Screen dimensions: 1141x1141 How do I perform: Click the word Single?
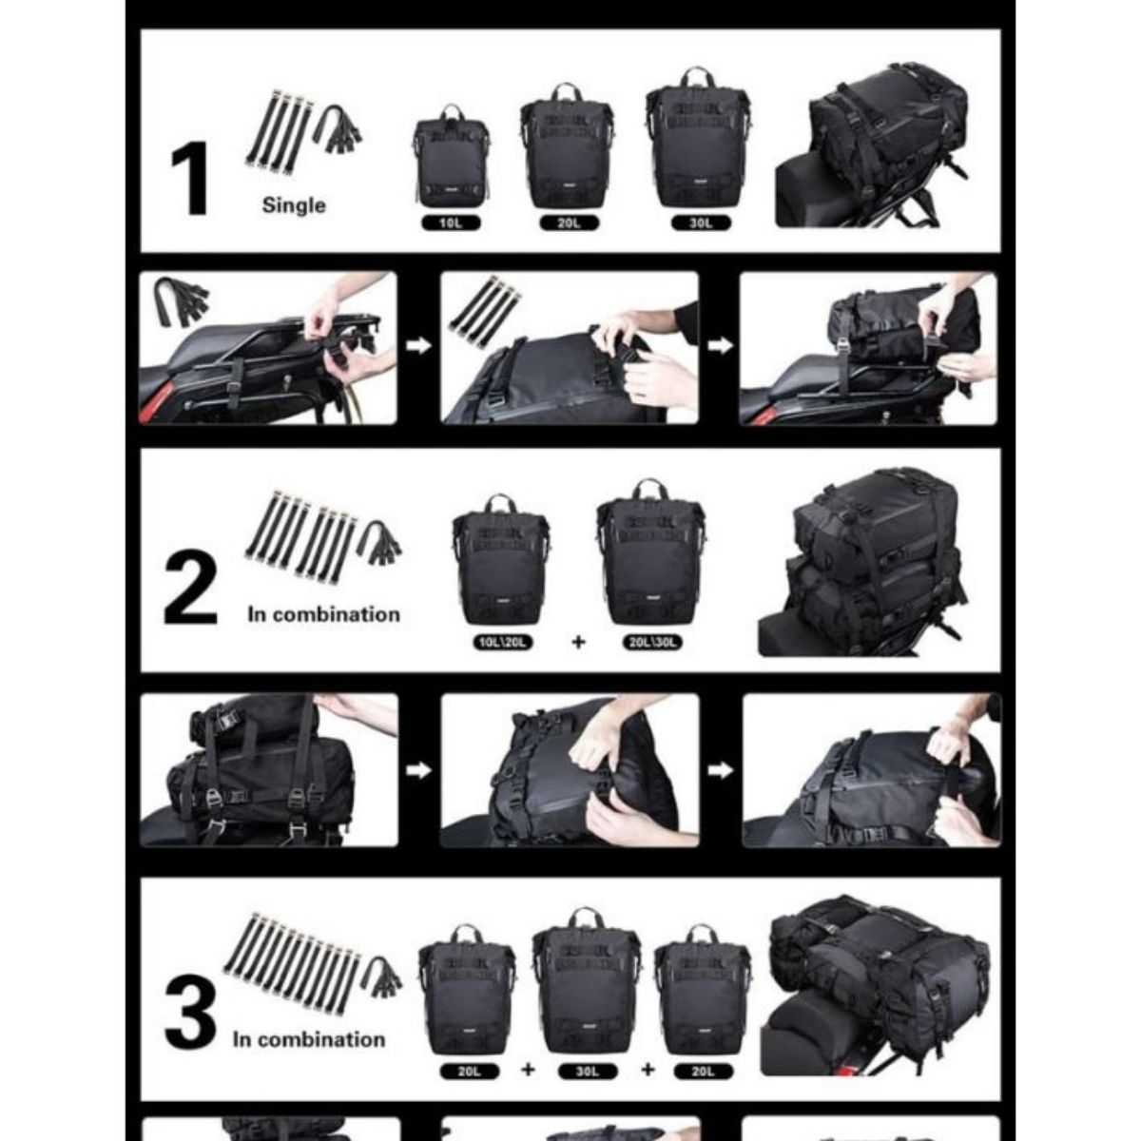(x=294, y=205)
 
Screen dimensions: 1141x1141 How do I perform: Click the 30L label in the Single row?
(x=700, y=224)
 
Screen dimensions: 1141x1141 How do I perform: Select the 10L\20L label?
(x=502, y=642)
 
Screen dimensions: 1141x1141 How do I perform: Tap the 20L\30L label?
(x=652, y=642)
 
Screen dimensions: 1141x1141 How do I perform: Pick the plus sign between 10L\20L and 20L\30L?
(x=578, y=642)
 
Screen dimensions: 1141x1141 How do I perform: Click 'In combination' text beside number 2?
(x=323, y=614)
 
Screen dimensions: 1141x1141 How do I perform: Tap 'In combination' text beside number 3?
(x=309, y=1039)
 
